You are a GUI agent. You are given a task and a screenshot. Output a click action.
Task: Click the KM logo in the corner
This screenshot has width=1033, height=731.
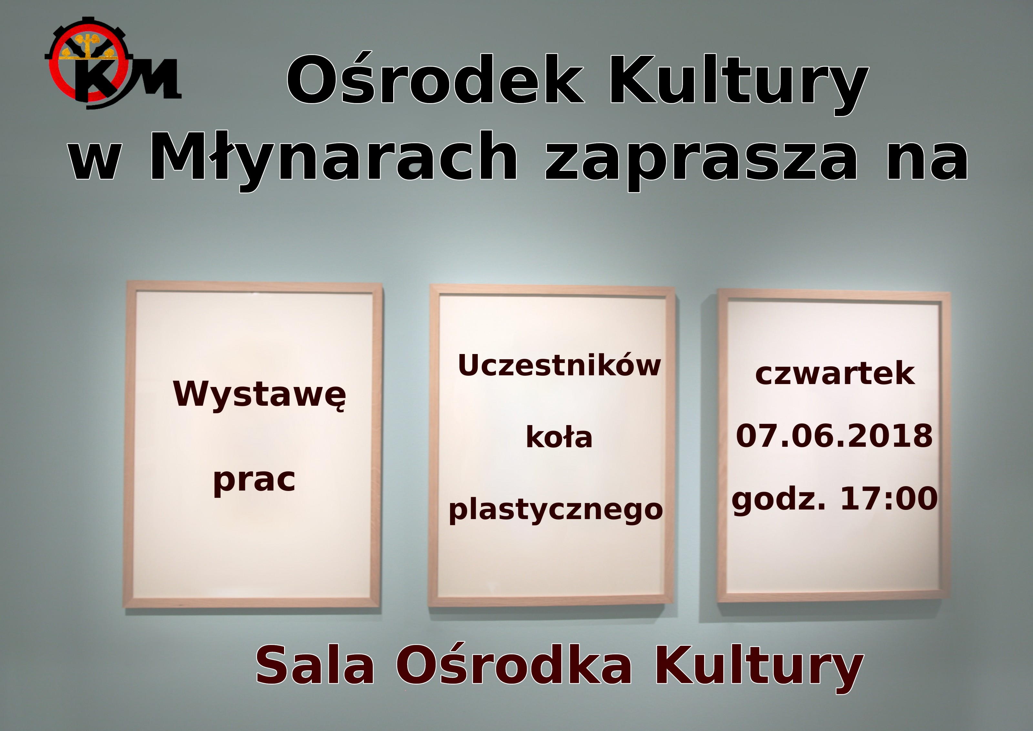pyautogui.click(x=112, y=63)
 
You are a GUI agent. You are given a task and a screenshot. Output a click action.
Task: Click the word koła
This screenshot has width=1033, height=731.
pyautogui.click(x=559, y=437)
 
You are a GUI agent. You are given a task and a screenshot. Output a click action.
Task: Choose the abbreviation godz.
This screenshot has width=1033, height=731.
pyautogui.click(x=779, y=501)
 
